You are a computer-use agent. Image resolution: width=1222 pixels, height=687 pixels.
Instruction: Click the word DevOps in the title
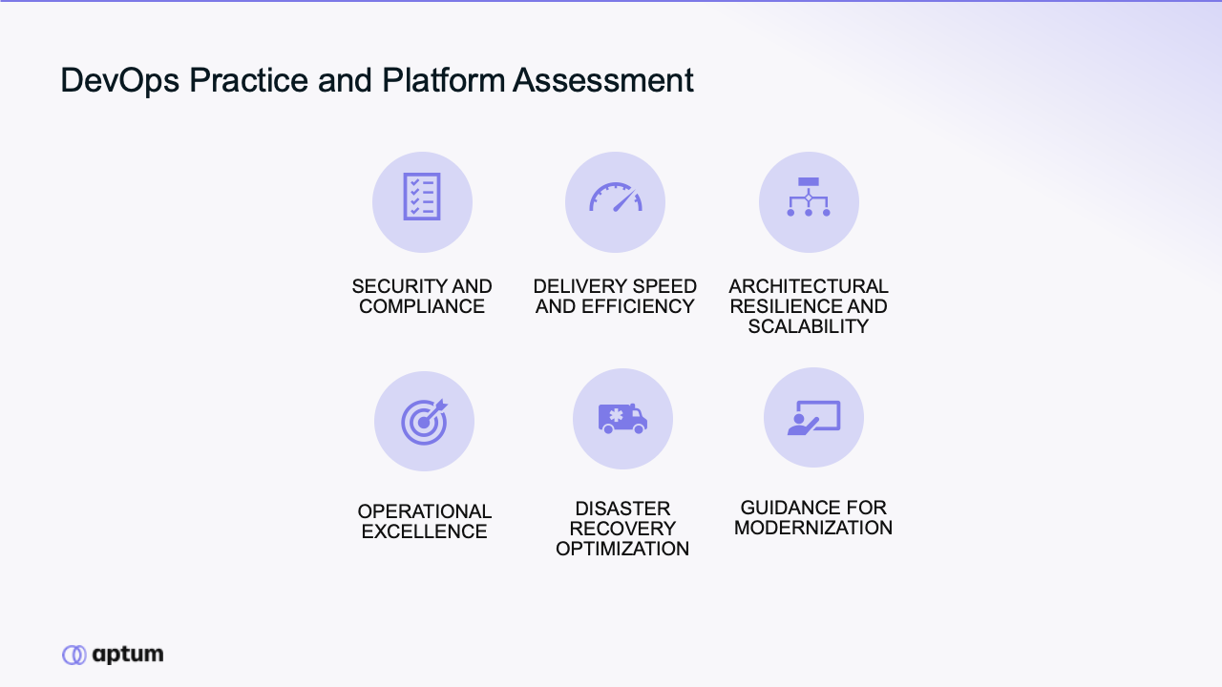(119, 80)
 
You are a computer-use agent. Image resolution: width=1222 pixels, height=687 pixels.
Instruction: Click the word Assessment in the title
(602, 80)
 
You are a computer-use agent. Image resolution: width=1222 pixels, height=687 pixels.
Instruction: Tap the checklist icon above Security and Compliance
(422, 197)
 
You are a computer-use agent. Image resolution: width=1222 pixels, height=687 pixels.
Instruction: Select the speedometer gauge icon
(616, 197)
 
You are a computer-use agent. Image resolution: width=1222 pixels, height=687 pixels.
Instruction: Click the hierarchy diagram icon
(809, 197)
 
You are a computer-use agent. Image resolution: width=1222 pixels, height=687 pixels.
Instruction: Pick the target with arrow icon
(425, 422)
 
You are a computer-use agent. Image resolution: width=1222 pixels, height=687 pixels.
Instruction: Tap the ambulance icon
(622, 419)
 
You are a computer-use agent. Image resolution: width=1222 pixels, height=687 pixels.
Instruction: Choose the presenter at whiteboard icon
(814, 418)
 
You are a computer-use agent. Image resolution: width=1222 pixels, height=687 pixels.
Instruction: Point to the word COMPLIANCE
(422, 306)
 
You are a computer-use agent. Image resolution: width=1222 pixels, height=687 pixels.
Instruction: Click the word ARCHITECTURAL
(809, 286)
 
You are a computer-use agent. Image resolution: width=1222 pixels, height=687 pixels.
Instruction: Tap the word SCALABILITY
(809, 326)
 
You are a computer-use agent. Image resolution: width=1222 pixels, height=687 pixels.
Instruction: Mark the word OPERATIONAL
(425, 511)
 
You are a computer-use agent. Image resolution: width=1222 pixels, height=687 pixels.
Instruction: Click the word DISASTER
(622, 509)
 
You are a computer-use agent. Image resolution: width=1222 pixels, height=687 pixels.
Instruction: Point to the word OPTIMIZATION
(622, 549)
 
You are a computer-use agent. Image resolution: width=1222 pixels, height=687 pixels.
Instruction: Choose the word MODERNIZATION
(813, 528)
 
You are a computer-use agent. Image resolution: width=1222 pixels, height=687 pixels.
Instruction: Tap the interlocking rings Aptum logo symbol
(74, 655)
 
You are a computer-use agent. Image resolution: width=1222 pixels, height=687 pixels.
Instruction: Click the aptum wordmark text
(128, 655)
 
